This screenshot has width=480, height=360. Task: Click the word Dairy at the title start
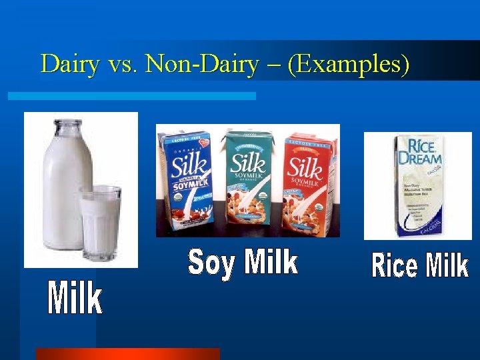point(70,64)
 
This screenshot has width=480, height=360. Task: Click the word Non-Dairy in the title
point(201,64)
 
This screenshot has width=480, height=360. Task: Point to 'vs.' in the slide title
point(124,65)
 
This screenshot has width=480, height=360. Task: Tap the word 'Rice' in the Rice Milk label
point(394,265)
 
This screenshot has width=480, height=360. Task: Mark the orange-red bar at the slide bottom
point(127,354)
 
